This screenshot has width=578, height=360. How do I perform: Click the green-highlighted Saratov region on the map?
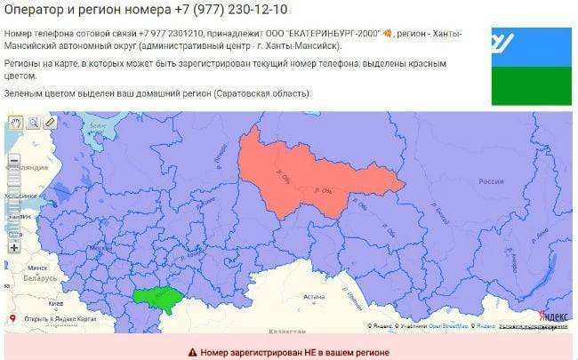tap(156, 299)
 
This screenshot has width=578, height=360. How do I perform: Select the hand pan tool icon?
tap(15, 123)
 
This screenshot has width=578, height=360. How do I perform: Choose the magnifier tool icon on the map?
tap(32, 123)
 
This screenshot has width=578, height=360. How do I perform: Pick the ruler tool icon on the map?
tap(50, 123)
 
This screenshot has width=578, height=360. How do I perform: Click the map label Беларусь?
tap(40, 277)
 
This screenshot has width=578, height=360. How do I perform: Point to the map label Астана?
tap(314, 297)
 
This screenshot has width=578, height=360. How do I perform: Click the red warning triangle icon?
tap(191, 351)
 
